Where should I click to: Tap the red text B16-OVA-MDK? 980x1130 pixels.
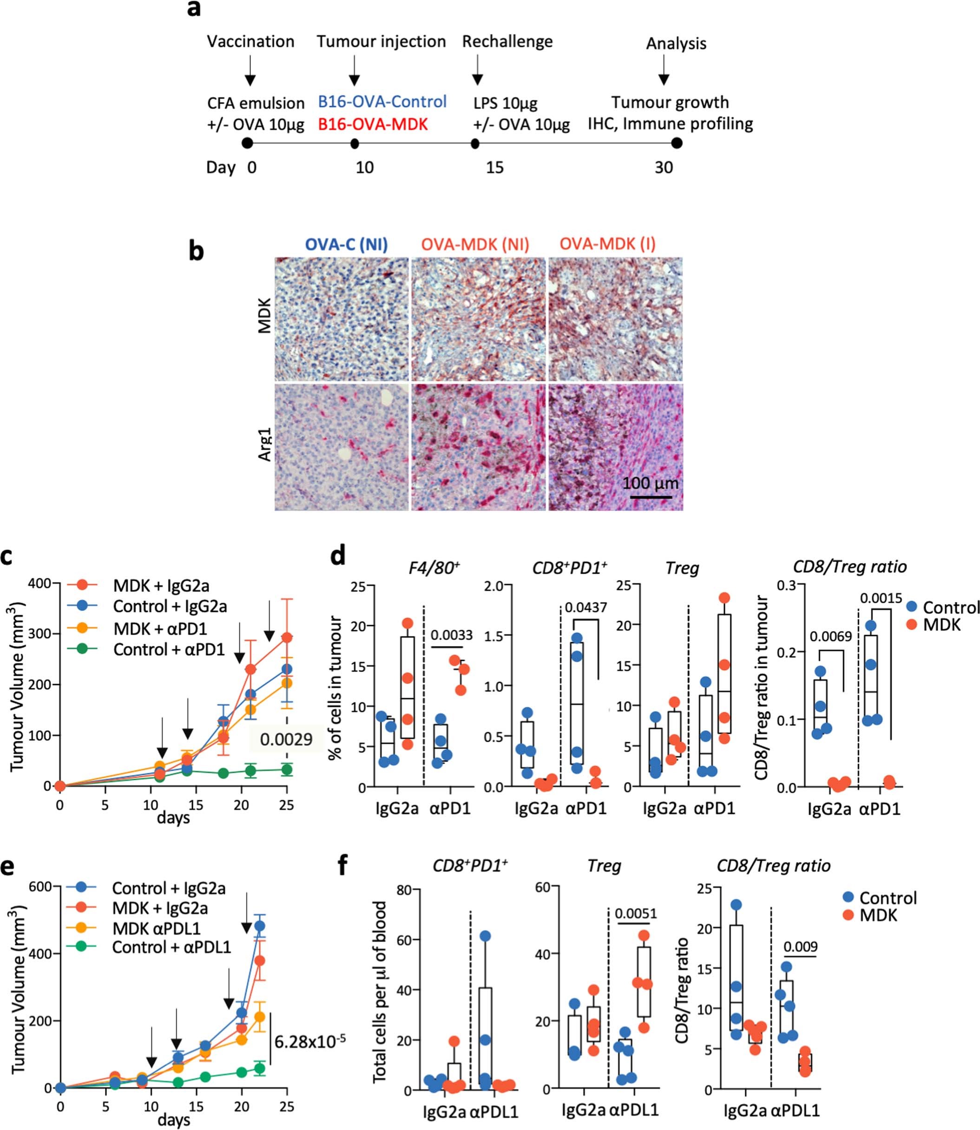pos(373,124)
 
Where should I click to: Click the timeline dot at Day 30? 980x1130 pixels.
pos(677,143)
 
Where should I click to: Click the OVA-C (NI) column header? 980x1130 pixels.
pos(346,244)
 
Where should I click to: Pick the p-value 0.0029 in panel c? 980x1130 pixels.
pos(286,740)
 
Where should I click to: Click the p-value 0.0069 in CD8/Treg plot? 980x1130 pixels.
pos(831,636)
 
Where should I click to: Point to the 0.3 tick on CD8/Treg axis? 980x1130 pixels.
pos(791,584)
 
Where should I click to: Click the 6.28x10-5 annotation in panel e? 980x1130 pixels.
pos(309,1042)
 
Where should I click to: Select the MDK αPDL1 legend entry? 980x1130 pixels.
pos(157,928)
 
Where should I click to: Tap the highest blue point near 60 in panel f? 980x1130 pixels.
pos(486,936)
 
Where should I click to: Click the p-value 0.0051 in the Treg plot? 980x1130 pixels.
pos(636,914)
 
